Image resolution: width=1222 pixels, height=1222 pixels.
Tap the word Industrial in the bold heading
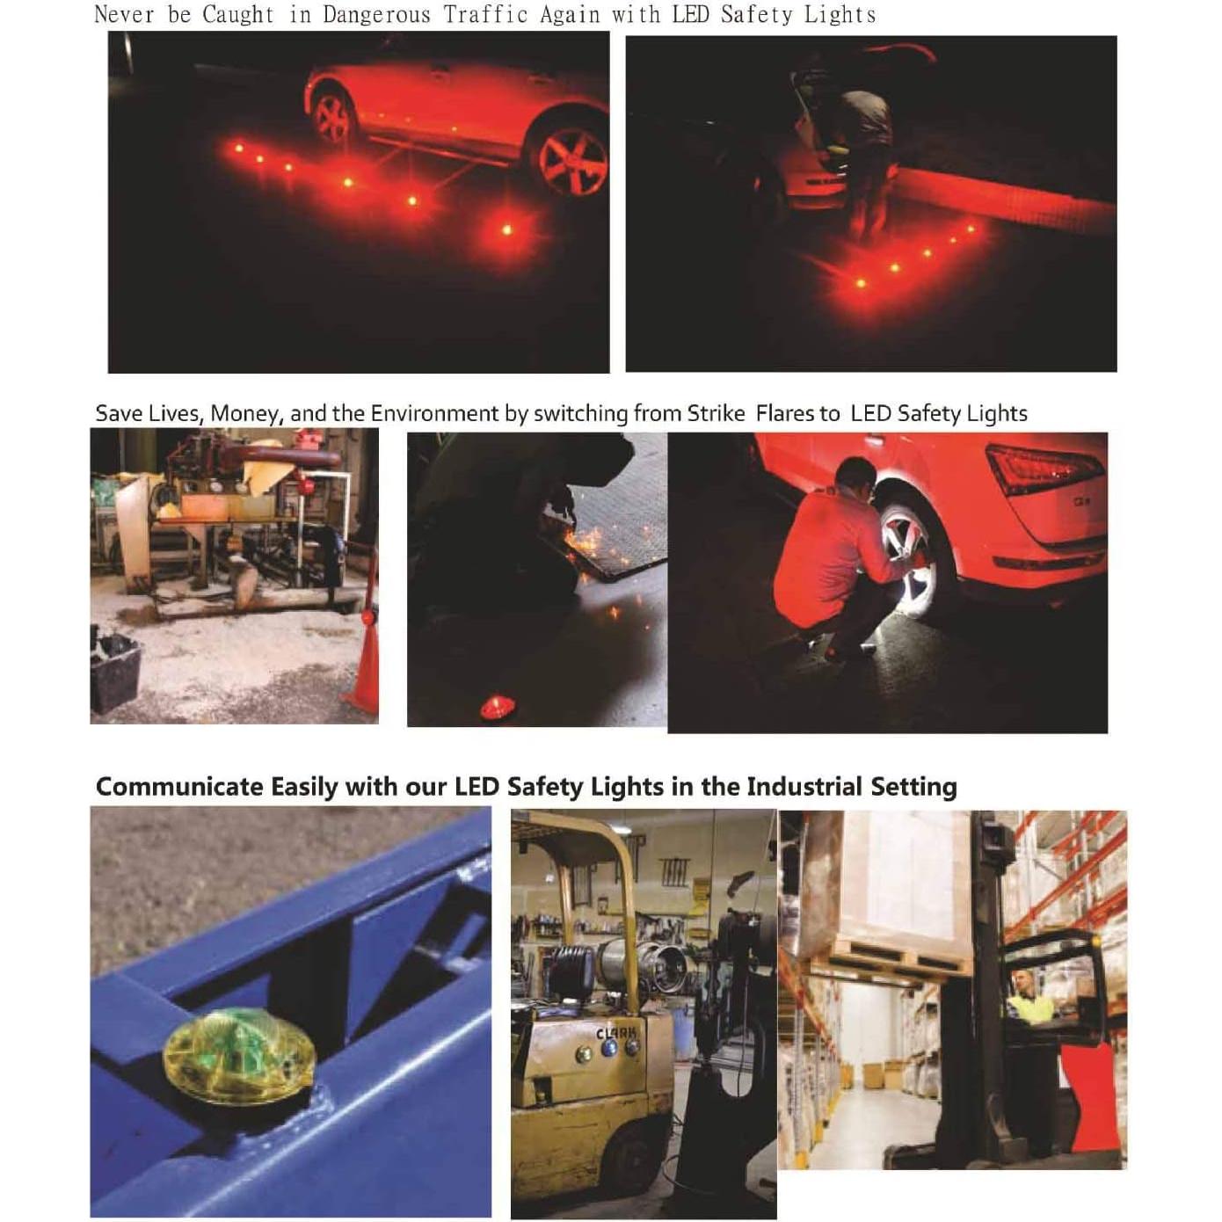(x=804, y=786)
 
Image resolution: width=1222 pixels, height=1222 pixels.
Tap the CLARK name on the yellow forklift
(x=619, y=1035)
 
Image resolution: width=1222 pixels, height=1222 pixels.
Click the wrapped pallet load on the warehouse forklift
(x=906, y=879)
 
